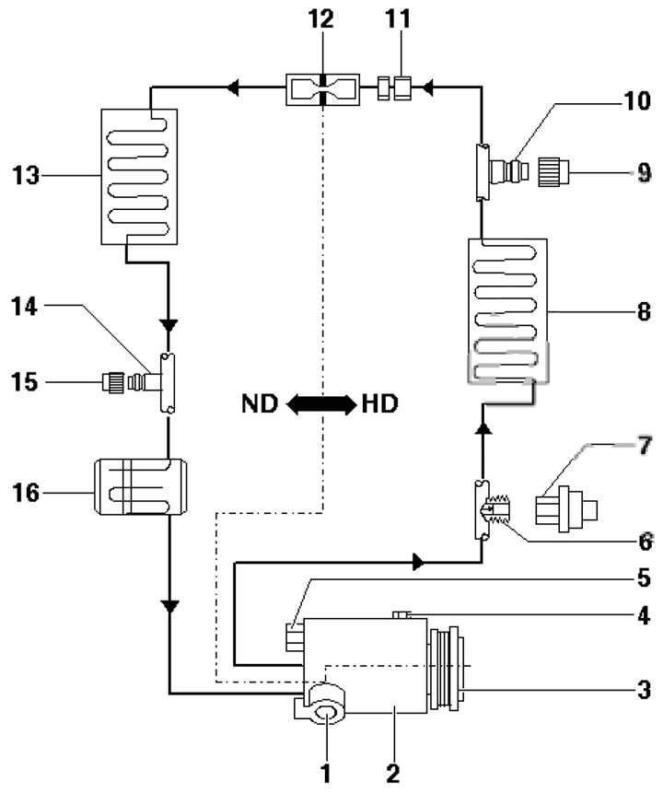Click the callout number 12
point(321,19)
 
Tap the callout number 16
point(25,492)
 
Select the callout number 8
point(644,311)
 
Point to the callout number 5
point(644,578)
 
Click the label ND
point(260,403)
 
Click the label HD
point(379,403)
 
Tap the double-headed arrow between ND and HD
point(321,404)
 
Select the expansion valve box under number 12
point(322,89)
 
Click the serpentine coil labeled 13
point(139,177)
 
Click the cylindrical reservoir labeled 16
point(141,487)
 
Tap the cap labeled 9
point(553,172)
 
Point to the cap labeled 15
point(113,382)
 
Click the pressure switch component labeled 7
point(566,509)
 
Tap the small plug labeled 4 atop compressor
point(401,614)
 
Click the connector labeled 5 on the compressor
point(294,637)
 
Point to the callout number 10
point(637,101)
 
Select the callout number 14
point(25,307)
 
